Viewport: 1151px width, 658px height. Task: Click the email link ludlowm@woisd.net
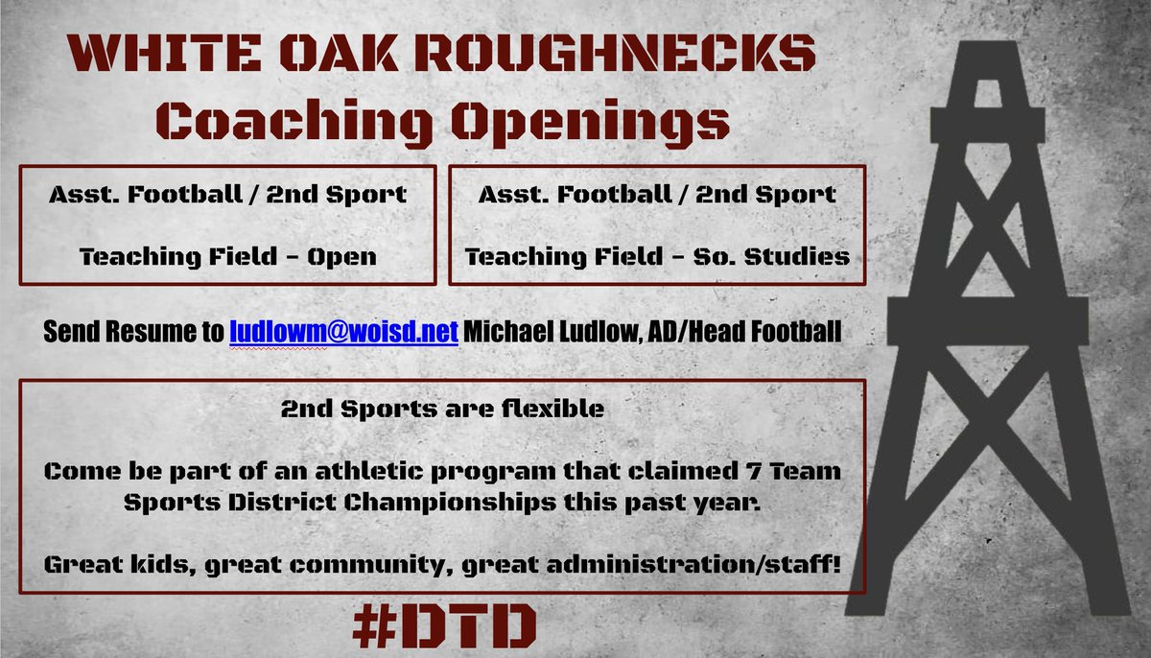pos(344,331)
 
